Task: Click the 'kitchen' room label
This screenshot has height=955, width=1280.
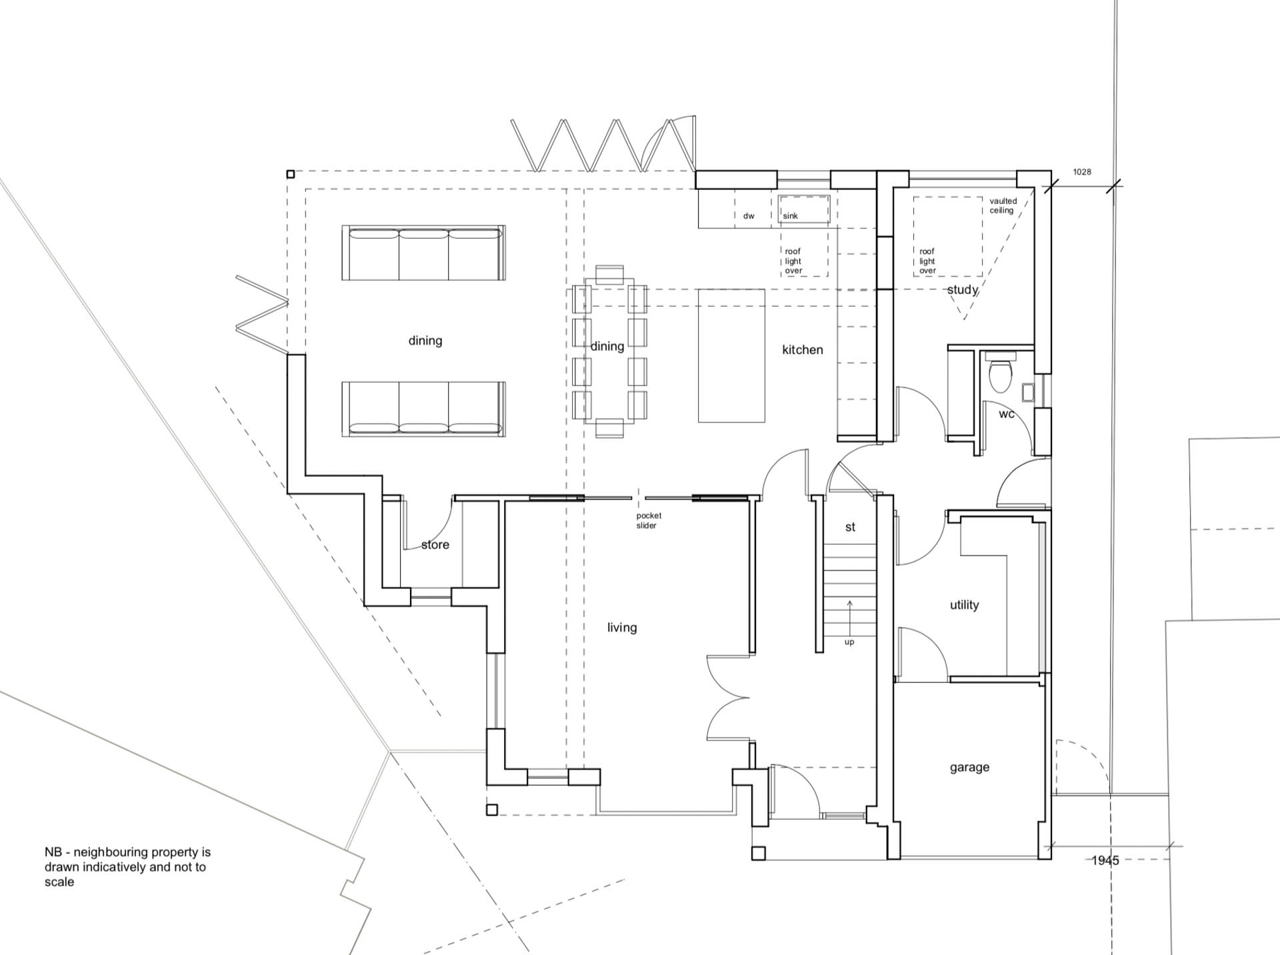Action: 803,349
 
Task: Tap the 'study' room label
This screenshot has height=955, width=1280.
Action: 963,290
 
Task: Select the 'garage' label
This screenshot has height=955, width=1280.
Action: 969,768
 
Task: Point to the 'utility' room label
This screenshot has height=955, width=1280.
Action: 964,605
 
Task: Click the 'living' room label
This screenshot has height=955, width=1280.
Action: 622,628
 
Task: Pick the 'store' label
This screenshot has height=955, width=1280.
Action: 435,545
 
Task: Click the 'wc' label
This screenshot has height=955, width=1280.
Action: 1007,414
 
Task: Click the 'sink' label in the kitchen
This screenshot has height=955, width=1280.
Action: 791,216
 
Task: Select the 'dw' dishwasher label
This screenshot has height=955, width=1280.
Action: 749,216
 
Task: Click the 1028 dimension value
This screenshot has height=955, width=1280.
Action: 1082,172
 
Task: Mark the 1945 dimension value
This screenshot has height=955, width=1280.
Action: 1105,861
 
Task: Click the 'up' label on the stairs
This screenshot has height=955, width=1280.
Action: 849,642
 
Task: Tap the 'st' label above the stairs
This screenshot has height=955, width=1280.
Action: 850,527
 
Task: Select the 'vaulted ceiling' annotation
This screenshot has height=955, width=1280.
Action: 1003,205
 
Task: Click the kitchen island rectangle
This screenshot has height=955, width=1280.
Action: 731,355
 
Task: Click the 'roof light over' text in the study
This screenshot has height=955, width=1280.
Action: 927,261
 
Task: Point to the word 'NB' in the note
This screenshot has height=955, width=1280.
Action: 53,852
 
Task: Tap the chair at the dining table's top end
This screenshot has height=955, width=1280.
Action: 610,275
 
